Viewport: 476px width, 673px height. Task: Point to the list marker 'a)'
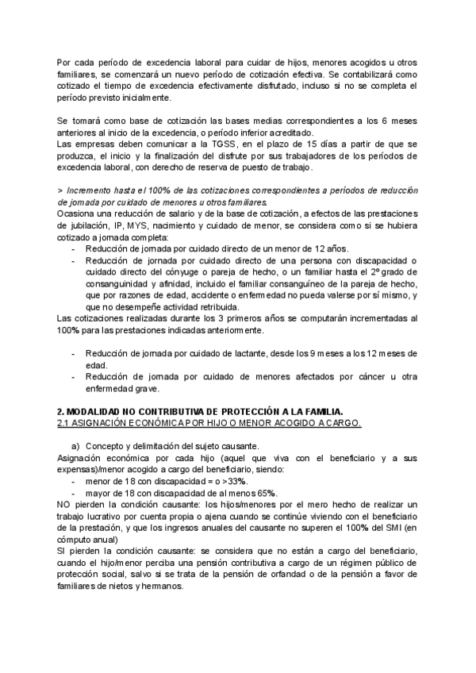[77, 446]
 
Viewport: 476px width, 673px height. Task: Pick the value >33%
[233, 481]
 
